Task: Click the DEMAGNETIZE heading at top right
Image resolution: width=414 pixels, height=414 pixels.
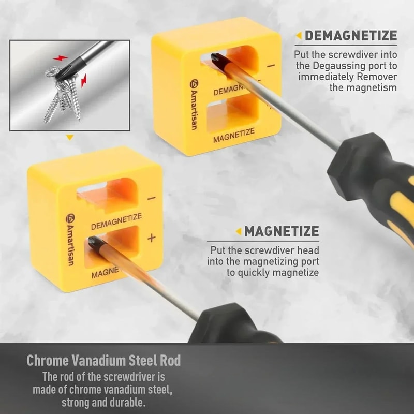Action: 351,36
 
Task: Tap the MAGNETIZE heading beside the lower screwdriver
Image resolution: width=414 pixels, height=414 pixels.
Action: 282,231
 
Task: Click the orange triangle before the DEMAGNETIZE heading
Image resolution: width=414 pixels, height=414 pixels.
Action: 299,36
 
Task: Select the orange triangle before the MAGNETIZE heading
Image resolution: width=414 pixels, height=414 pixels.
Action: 238,231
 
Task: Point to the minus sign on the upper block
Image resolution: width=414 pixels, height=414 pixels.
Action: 270,66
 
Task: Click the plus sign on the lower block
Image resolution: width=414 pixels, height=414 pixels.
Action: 151,238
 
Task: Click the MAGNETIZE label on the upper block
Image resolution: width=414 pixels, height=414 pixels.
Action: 234,136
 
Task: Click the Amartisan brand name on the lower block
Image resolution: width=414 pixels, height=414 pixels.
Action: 69,241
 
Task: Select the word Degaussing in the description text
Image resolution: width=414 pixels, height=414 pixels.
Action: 336,66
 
